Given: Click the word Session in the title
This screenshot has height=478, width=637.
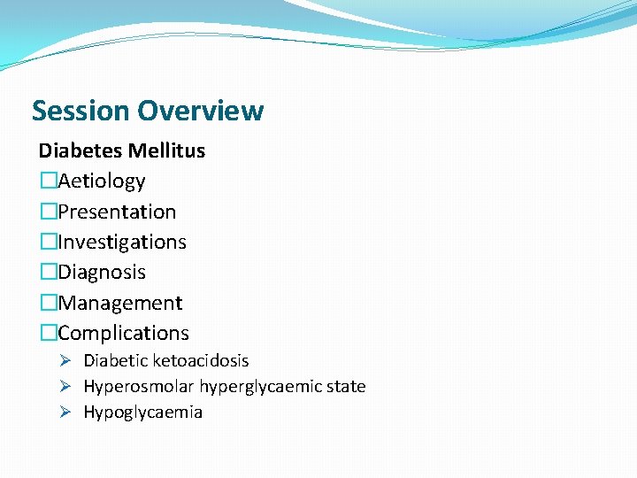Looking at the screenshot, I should click(x=81, y=111).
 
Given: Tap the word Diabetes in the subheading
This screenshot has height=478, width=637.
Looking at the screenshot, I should click(x=78, y=150).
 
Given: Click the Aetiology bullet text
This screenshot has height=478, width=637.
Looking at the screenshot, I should click(x=102, y=181).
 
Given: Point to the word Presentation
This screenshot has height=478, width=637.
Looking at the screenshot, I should click(x=117, y=212).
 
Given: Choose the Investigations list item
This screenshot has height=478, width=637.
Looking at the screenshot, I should click(x=122, y=243).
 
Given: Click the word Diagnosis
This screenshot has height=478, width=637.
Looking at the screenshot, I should click(x=102, y=273).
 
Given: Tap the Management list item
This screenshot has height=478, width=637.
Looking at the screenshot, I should click(x=120, y=303).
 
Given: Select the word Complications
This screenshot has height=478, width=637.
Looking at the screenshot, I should click(x=123, y=334).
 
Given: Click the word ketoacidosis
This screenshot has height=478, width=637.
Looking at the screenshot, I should click(x=201, y=361).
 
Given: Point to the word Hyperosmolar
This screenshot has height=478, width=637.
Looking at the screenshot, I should click(x=139, y=387).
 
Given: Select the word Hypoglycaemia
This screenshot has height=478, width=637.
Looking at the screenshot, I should click(x=143, y=412).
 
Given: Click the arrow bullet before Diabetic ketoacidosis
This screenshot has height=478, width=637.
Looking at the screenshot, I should click(x=65, y=361).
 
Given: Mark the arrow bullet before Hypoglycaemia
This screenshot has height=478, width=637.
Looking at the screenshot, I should click(x=65, y=412).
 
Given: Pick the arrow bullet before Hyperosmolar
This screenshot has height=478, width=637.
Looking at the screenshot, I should click(x=65, y=387).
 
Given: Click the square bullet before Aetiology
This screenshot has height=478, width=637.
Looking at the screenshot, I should click(x=48, y=181).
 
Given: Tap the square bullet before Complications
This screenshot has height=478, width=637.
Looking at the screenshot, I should click(x=48, y=334).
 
